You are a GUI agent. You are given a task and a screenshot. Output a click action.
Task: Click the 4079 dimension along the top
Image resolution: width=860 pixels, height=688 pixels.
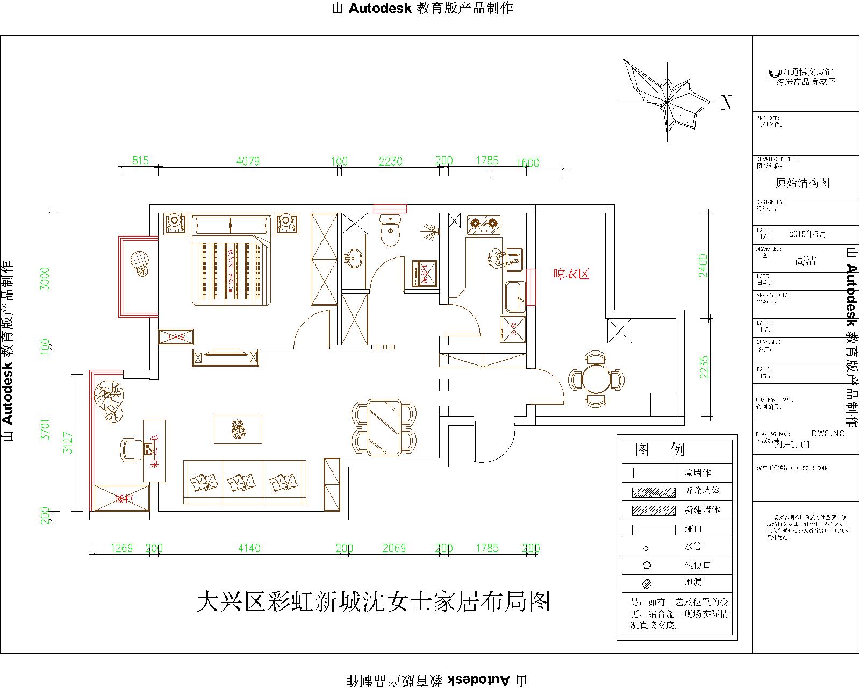248,161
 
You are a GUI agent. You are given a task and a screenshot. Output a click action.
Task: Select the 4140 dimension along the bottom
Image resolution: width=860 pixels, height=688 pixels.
249,548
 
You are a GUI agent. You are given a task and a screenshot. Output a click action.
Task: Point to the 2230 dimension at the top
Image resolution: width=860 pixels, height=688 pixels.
391,161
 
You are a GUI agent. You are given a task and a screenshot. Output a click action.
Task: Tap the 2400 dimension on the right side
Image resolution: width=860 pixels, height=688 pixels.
703,266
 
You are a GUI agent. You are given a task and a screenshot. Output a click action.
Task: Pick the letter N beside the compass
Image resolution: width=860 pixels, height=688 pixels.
726,103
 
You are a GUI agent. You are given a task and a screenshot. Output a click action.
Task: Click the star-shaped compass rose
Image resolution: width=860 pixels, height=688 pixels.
666,100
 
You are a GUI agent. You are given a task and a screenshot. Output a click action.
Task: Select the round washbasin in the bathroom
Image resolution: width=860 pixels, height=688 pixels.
354,258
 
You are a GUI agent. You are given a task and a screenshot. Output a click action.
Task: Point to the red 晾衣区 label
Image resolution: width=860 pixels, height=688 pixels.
572,274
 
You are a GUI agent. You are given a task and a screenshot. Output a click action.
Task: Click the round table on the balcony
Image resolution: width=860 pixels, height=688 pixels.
596,379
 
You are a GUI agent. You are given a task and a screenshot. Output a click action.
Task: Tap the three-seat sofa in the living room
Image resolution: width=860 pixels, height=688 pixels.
245,482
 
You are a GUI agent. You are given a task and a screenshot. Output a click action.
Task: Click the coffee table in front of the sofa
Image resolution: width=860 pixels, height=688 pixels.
238,429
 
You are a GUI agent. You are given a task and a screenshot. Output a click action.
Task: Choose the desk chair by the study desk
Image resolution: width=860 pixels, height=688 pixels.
130,449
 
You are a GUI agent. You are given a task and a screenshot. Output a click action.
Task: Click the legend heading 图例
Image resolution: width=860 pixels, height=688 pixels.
660,449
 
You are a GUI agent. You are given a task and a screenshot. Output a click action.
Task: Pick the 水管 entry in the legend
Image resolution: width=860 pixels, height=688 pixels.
692,547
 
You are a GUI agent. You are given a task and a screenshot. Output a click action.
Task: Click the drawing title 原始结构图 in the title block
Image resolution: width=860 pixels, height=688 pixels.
802,183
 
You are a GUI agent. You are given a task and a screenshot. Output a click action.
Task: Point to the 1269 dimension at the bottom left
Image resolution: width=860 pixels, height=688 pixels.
121,548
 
